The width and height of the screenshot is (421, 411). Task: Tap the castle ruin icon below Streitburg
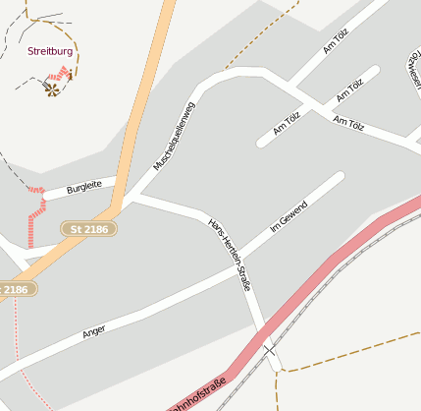[51, 88]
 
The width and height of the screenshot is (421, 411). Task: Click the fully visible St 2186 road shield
[89, 228]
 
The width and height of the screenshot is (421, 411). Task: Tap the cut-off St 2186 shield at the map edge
[17, 289]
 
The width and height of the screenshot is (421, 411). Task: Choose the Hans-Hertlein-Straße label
[230, 253]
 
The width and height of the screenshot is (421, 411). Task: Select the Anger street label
[93, 332]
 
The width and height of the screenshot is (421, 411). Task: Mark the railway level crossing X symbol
[269, 351]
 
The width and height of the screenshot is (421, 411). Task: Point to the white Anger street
[147, 314]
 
